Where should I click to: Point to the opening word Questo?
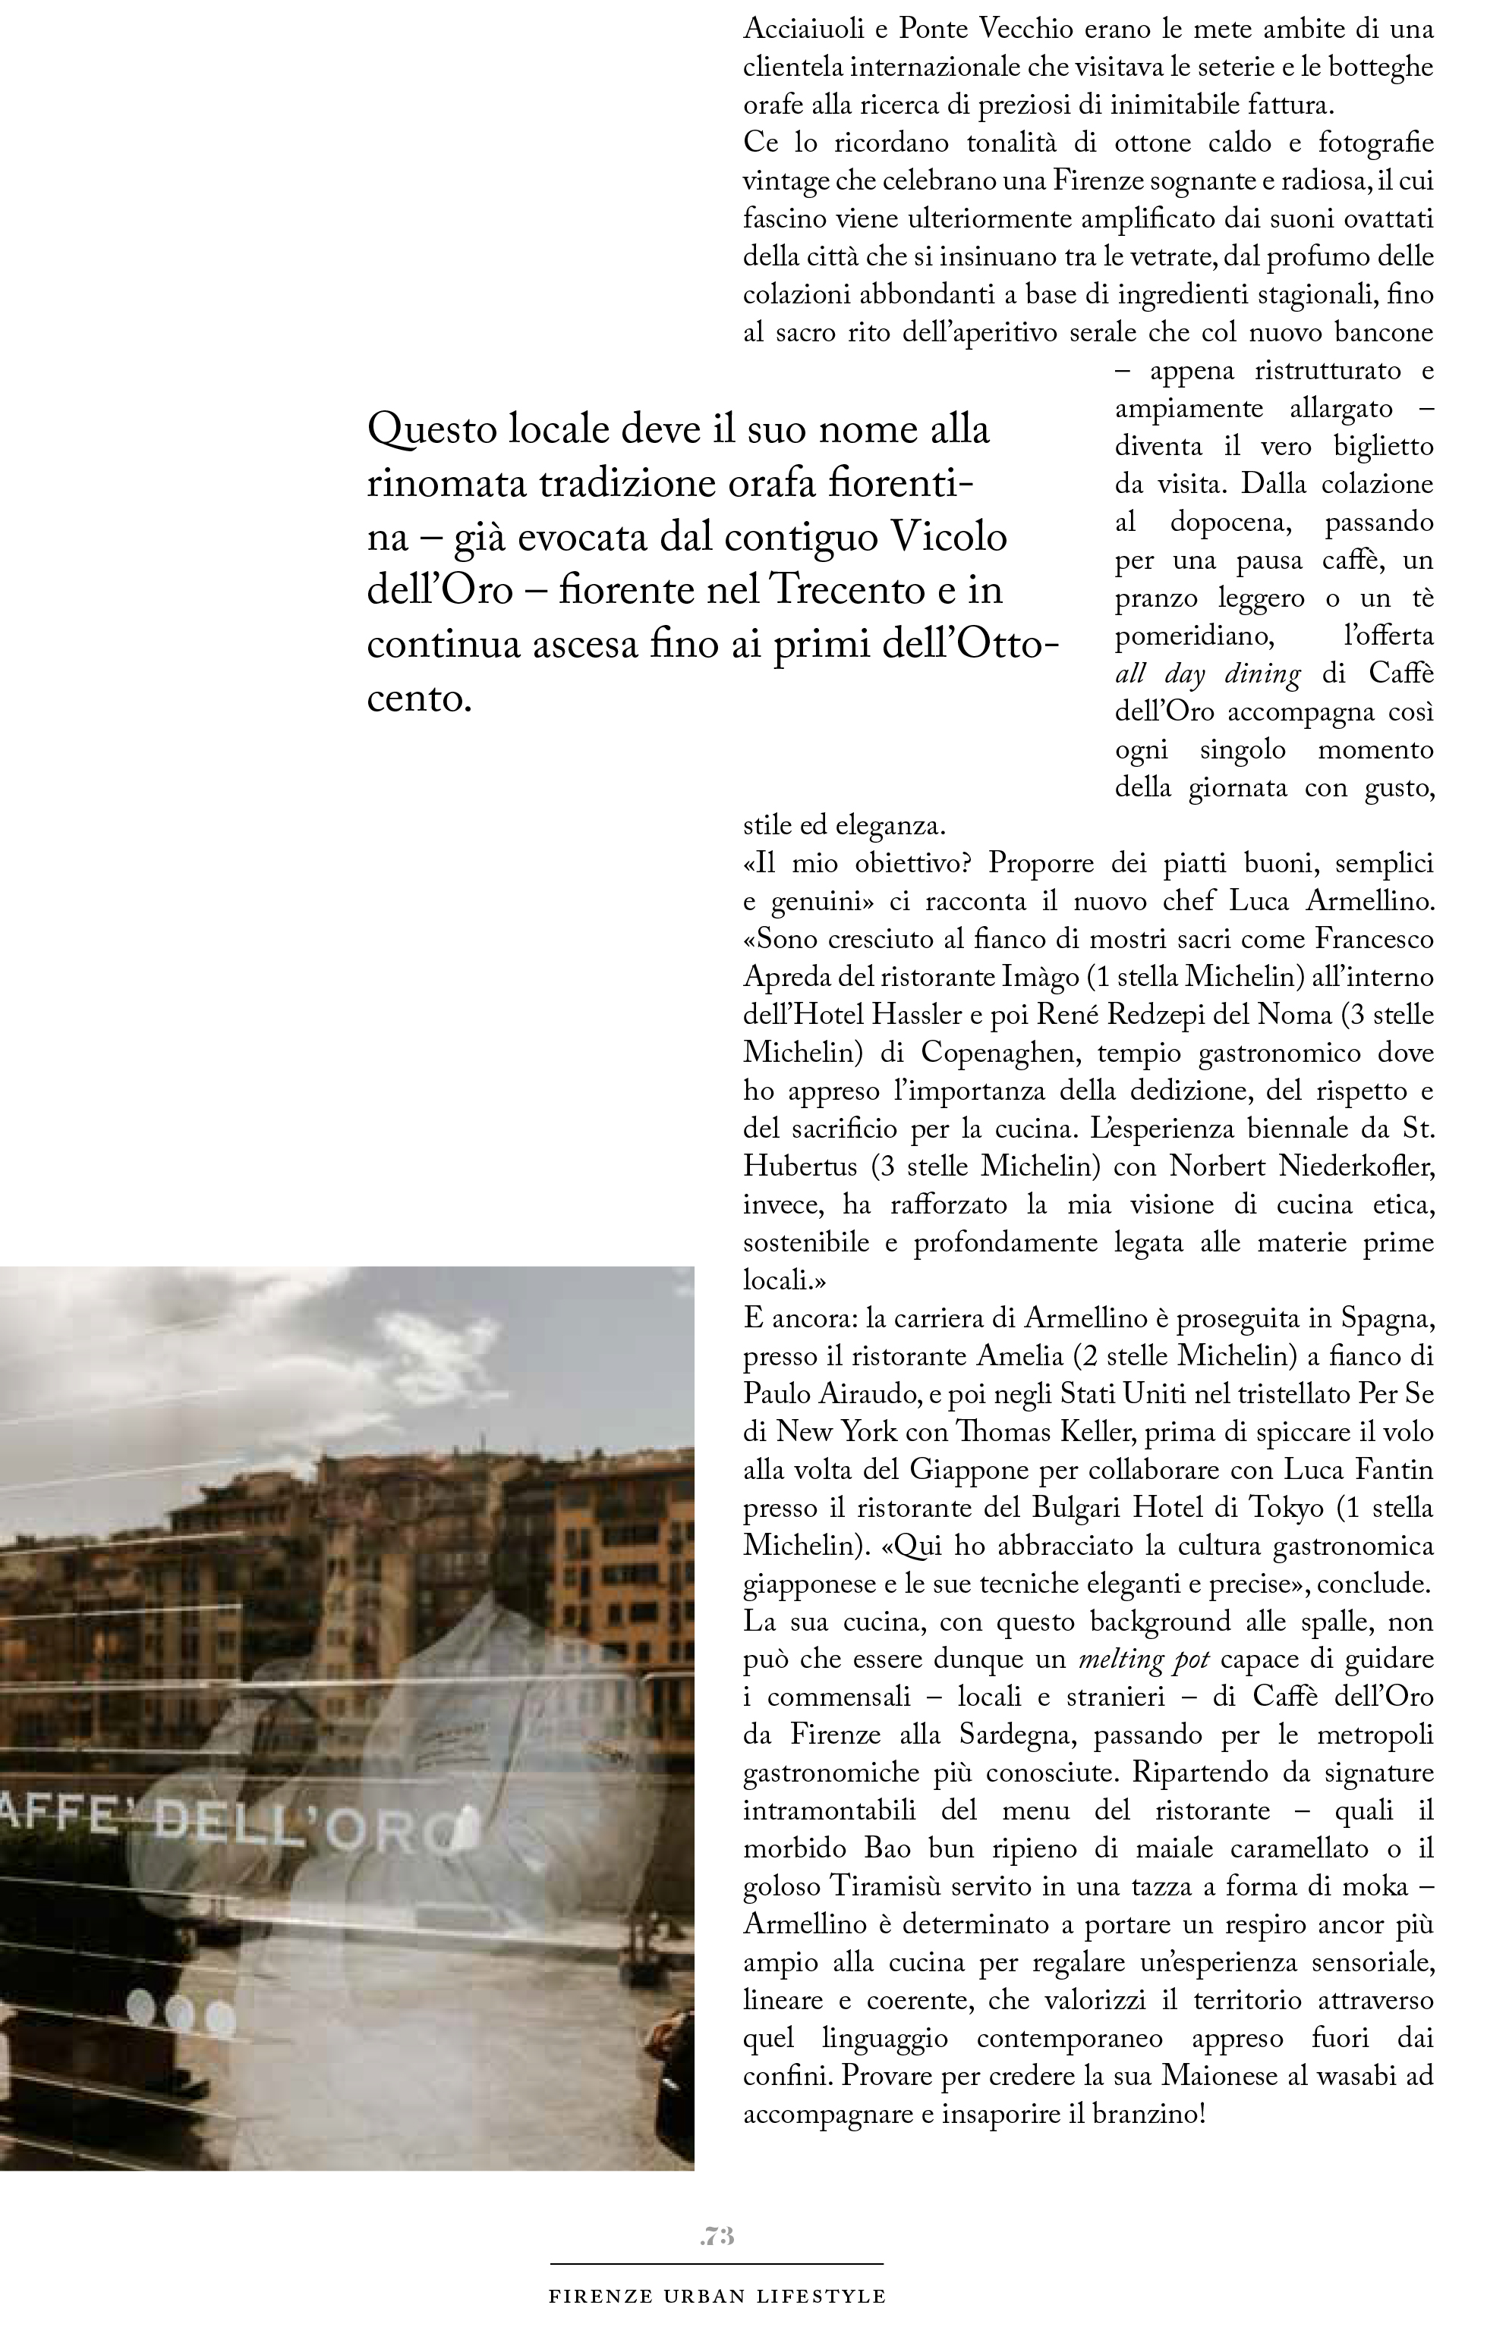pos(430,429)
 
